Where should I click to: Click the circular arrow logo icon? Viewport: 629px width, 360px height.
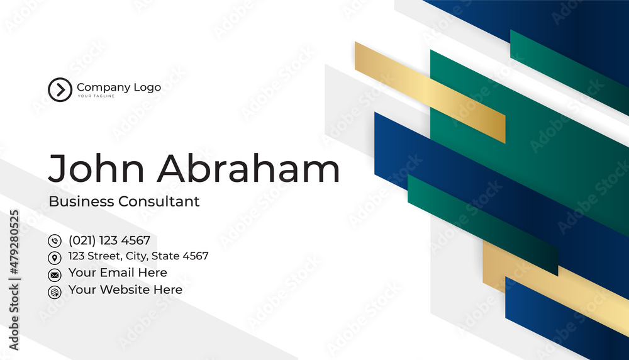tap(60, 89)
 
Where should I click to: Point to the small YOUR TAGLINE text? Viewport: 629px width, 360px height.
tap(96, 96)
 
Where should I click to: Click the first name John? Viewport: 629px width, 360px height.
tap(96, 168)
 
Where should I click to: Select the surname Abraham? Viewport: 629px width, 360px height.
tap(248, 168)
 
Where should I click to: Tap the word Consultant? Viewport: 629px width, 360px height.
tap(159, 201)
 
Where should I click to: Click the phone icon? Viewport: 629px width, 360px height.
tap(55, 241)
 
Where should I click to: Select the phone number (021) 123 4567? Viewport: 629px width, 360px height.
tap(109, 240)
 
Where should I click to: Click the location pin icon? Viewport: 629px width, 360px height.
tap(55, 257)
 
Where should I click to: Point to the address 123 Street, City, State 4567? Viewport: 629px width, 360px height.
tap(138, 256)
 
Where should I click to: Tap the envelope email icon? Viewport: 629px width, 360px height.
tap(55, 275)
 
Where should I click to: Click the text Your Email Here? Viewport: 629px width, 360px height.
tap(118, 273)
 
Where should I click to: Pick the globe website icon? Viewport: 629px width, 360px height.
tap(55, 292)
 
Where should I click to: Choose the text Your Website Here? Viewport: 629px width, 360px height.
tap(125, 290)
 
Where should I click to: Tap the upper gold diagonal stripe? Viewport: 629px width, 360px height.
tap(430, 93)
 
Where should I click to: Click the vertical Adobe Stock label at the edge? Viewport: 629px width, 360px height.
tap(14, 317)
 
